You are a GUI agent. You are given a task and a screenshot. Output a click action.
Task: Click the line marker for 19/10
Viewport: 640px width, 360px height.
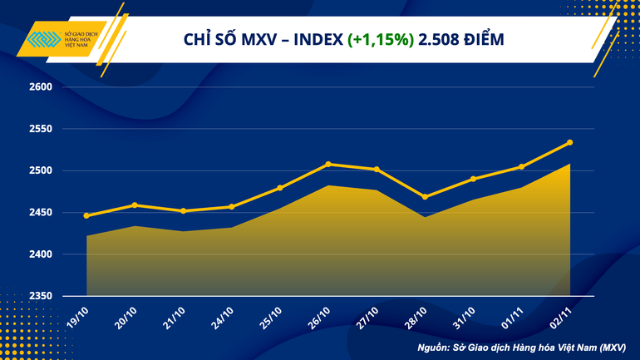(x=86, y=216)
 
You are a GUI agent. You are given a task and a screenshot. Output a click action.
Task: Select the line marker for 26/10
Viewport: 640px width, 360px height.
(x=328, y=164)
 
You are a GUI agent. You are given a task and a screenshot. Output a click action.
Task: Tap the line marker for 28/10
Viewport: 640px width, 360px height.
(x=425, y=197)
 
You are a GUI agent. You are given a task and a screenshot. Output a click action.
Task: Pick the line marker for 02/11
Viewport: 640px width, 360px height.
(x=569, y=142)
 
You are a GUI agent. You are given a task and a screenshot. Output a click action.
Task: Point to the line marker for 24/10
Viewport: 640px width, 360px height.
(x=231, y=207)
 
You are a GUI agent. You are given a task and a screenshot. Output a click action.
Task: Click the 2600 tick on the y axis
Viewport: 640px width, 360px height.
(x=41, y=87)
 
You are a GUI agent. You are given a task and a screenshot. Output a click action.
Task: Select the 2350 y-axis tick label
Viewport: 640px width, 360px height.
(x=41, y=296)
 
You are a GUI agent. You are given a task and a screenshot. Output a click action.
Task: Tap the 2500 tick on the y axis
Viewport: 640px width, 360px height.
(x=41, y=171)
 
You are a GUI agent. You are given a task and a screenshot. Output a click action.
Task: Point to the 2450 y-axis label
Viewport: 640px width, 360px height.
(x=41, y=213)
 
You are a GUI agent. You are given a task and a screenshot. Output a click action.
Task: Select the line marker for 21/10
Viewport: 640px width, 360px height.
(x=183, y=211)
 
